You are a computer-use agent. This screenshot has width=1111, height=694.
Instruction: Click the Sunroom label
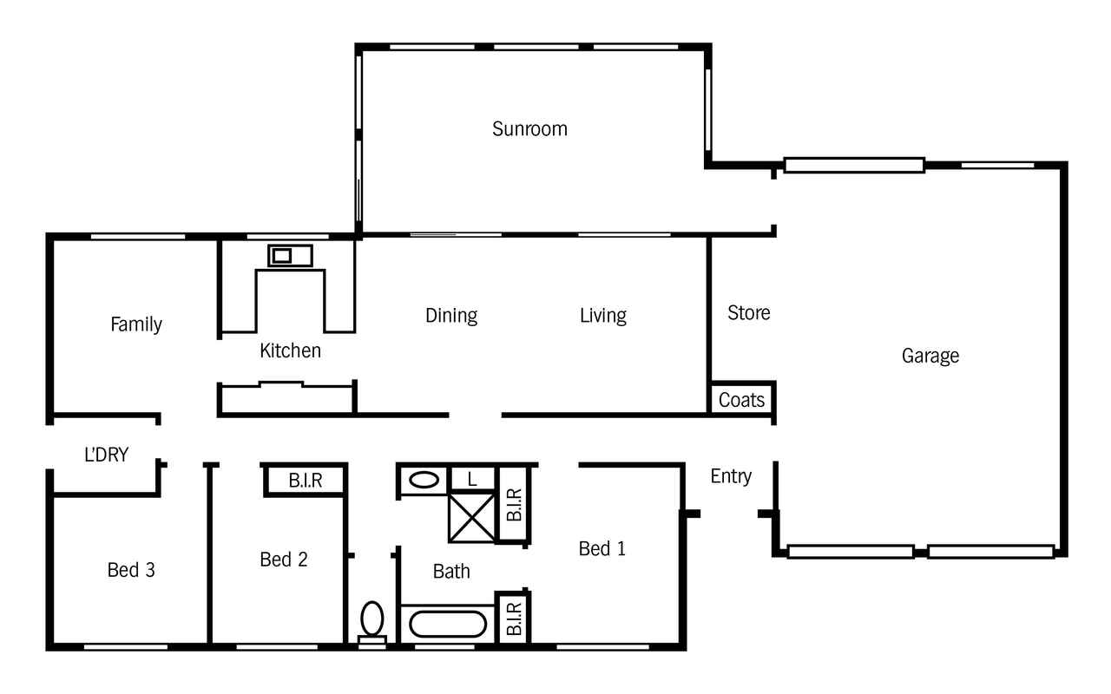[x=529, y=129]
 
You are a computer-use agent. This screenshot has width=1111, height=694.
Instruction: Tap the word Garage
[x=930, y=356]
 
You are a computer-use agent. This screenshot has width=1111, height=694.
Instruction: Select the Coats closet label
[x=741, y=400]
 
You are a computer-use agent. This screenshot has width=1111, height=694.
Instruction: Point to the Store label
[x=749, y=313]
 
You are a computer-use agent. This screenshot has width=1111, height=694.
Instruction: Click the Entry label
[x=731, y=476]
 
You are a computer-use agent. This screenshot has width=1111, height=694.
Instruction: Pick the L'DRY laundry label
[x=106, y=455]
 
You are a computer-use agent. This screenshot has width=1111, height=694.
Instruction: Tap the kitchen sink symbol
[x=290, y=256]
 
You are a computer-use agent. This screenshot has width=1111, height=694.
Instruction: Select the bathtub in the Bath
[x=448, y=624]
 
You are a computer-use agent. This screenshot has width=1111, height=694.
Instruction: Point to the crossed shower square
[x=471, y=518]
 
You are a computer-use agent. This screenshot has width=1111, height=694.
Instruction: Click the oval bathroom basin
[x=424, y=480]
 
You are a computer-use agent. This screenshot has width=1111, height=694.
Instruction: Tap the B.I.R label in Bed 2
[x=306, y=481]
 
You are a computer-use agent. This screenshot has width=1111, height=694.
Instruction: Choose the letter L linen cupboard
[x=471, y=480]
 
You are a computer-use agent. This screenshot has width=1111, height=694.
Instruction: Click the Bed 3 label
[x=131, y=570]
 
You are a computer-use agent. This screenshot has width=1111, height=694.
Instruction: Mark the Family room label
[x=136, y=324]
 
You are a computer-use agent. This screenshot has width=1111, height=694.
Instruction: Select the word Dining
[x=451, y=316]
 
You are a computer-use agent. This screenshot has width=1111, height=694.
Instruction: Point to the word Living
[x=603, y=316]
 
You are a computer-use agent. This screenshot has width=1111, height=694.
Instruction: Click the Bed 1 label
[x=602, y=549]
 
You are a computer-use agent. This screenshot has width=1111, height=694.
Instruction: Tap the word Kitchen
[x=290, y=351]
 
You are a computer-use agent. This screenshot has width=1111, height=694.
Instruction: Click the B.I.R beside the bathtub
[x=515, y=619]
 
